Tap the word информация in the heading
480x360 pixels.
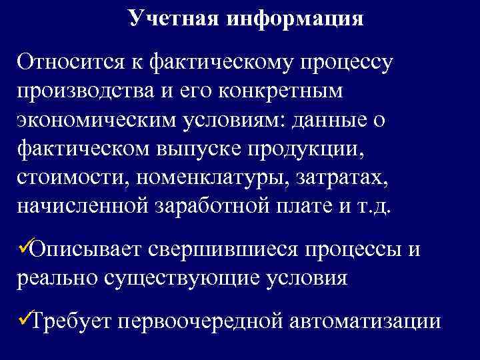tap(295, 19)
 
